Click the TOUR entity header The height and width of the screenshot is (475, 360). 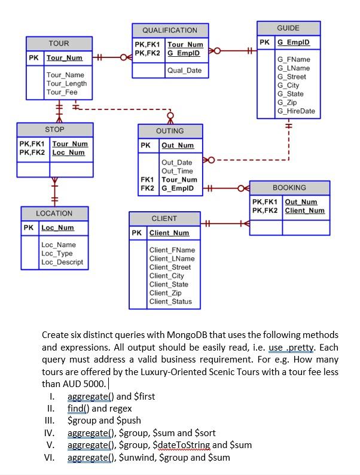59,44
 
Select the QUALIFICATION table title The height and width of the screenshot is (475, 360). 169,31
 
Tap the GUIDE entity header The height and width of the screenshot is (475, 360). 288,28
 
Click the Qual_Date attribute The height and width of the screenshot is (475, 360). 184,71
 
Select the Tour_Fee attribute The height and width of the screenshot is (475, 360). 62,92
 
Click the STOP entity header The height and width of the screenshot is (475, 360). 54,130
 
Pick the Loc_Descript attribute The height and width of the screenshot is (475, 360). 62,262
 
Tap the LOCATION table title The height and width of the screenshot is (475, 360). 54,214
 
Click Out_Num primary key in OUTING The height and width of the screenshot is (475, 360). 178,145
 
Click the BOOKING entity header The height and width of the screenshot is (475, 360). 289,188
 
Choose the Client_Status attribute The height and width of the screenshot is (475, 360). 170,302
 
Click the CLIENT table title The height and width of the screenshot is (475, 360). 164,219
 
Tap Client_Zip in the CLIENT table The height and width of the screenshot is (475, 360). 165,293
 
